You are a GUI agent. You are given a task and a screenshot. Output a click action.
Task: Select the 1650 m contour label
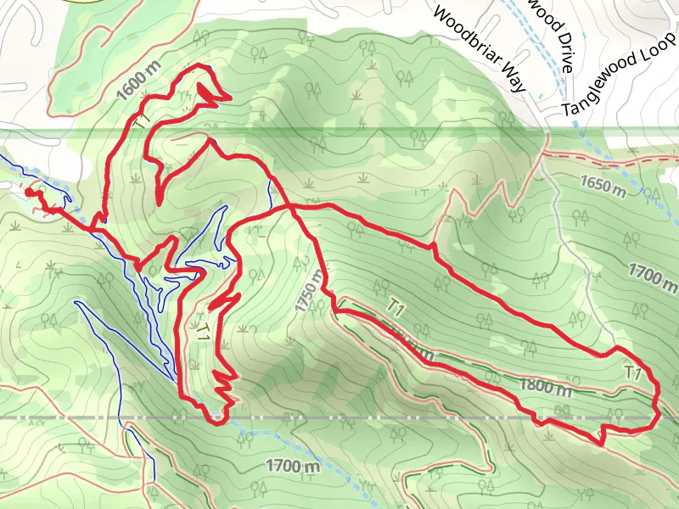[603, 186]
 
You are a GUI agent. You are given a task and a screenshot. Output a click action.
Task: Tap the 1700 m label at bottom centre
[293, 465]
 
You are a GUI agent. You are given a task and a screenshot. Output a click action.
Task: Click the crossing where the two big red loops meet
[290, 206]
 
